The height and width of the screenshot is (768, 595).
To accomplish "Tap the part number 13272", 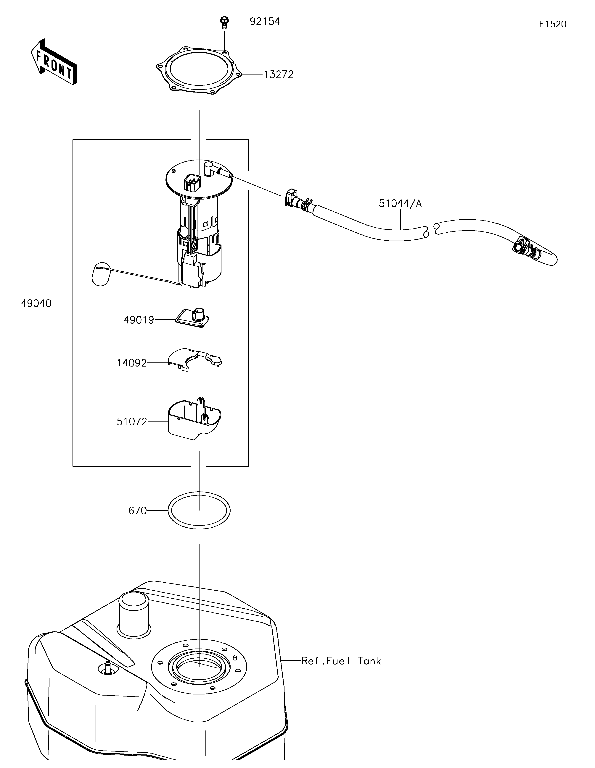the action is click(x=279, y=74).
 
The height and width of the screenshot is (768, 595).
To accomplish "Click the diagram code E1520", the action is click(x=553, y=24).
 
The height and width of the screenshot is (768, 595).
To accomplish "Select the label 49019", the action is click(x=139, y=320).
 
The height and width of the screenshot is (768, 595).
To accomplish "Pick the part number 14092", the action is click(x=132, y=363).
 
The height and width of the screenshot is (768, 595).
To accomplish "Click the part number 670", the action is click(x=138, y=510).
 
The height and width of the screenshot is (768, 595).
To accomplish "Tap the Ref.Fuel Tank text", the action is click(x=341, y=661).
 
